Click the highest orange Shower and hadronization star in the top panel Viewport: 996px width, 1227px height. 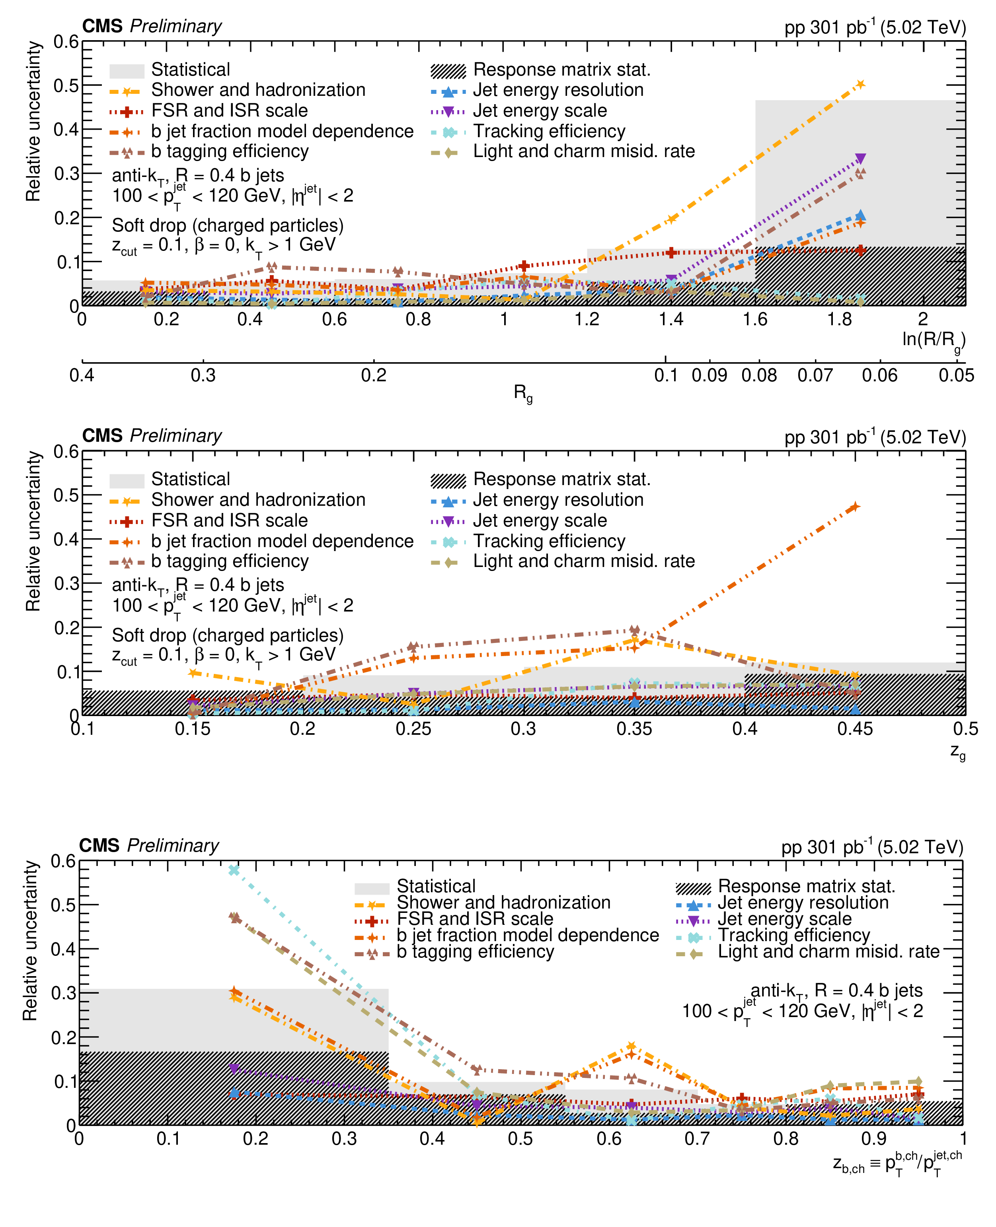pyautogui.click(x=860, y=84)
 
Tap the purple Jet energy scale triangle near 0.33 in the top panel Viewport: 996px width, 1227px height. pyautogui.click(x=860, y=159)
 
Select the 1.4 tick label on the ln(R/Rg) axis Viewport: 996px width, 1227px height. pyautogui.click(x=670, y=319)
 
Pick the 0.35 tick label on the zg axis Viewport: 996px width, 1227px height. pyautogui.click(x=634, y=729)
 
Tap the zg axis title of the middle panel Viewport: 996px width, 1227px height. pyautogui.click(x=957, y=751)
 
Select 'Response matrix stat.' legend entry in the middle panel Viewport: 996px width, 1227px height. pyautogui.click(x=561, y=480)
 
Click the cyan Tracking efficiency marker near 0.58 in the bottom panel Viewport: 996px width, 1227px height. pyautogui.click(x=234, y=870)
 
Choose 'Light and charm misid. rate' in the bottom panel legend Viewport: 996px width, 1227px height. pyautogui.click(x=828, y=952)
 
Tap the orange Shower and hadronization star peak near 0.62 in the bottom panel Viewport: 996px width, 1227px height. pyautogui.click(x=631, y=1046)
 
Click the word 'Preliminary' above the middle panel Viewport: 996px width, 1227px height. pyautogui.click(x=175, y=436)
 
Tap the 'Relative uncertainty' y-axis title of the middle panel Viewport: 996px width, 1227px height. pyautogui.click(x=33, y=532)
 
